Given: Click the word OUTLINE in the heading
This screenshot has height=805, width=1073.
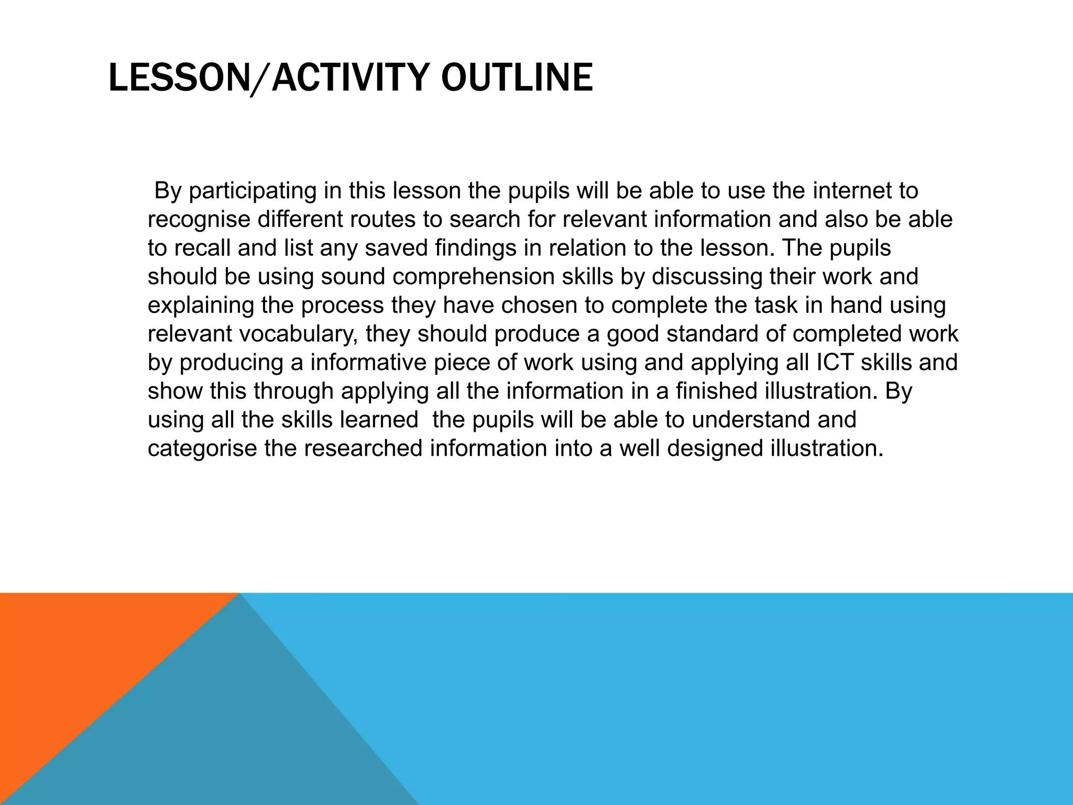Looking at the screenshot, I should click(517, 78).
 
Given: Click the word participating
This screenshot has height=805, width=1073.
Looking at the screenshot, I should click(253, 191).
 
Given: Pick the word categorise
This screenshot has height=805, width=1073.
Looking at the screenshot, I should click(202, 449).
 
